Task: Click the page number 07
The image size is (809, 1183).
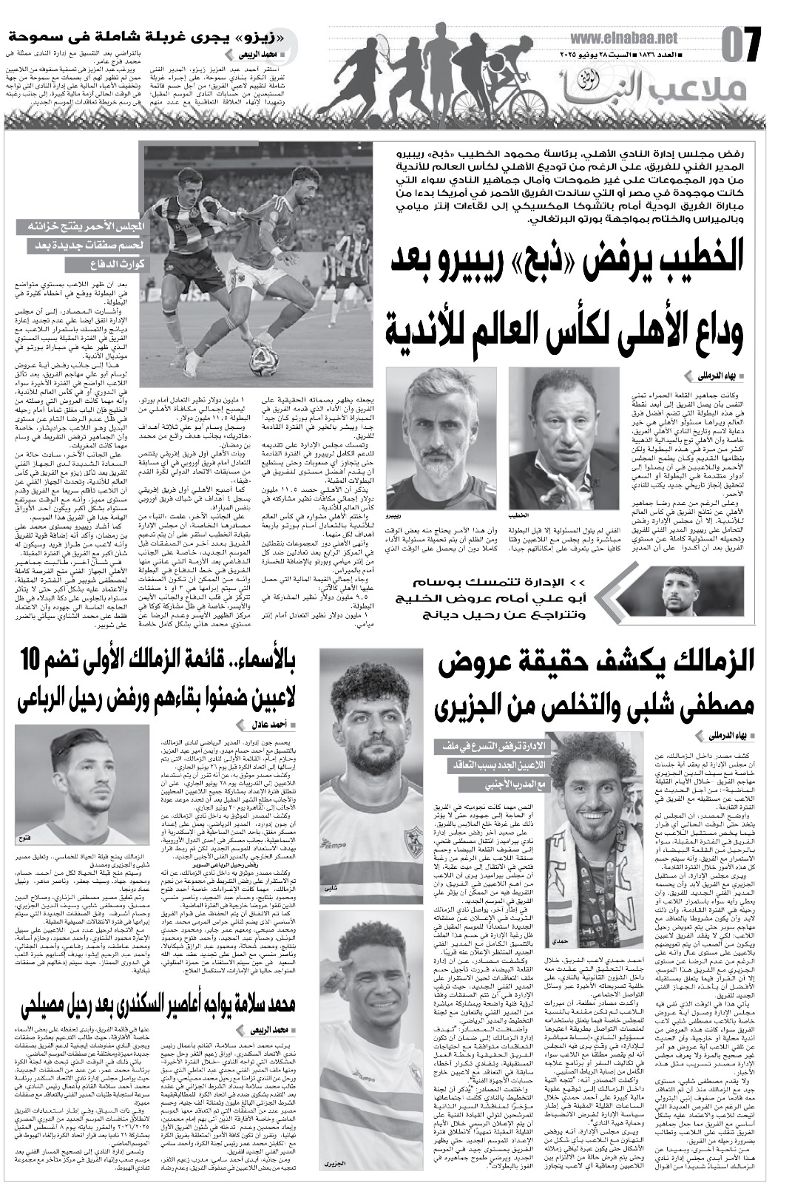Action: coord(741,47)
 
